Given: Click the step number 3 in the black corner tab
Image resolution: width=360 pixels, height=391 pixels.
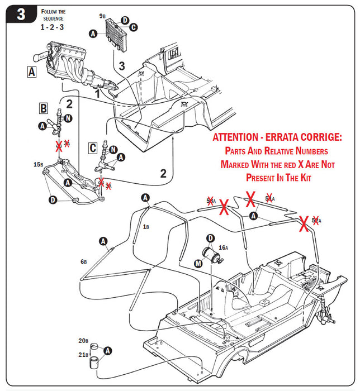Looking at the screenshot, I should tap(20, 14).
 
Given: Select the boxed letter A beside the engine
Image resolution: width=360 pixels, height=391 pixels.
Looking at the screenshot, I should tap(31, 71).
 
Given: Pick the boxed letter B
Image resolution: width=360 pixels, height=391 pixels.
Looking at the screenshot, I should tap(43, 107).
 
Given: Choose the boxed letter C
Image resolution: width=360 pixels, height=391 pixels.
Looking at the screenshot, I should tap(93, 147).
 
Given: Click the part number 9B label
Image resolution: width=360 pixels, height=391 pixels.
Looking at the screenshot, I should tap(102, 16).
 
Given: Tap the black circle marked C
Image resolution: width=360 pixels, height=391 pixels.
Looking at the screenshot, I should tap(134, 27).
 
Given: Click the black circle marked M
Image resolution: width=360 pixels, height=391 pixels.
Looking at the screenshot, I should tap(199, 263).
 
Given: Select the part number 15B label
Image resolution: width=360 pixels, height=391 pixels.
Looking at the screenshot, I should tap(38, 164).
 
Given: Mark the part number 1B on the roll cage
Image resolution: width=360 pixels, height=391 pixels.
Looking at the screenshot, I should tap(146, 227).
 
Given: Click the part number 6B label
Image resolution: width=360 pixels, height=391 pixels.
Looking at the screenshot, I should tap(83, 261).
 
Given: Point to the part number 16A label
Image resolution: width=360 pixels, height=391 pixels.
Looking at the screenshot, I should tap(223, 247).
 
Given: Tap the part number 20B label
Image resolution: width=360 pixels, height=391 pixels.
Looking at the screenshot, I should tap(83, 341).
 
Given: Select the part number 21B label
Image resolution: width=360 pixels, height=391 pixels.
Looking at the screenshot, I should tap(83, 355).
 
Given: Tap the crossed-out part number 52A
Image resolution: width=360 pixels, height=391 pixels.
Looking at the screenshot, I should tap(316, 221).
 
